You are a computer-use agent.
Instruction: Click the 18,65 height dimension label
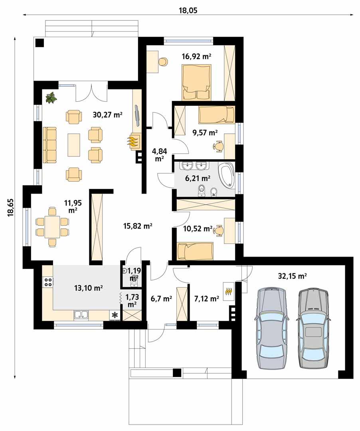(10, 208)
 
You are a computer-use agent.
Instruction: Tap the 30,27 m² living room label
(107, 115)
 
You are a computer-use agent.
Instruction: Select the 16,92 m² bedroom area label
(196, 56)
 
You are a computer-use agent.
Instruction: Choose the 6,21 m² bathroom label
(196, 178)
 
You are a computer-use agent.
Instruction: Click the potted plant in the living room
(51, 97)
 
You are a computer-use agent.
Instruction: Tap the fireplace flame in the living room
(134, 141)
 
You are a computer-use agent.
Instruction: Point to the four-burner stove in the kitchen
(48, 282)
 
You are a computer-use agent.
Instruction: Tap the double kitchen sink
(82, 315)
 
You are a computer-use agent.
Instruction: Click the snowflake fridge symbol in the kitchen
(115, 315)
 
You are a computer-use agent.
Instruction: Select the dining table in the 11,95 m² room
(52, 227)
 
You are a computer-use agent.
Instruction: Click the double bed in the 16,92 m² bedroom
(196, 82)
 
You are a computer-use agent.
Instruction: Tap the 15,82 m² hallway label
(137, 226)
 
